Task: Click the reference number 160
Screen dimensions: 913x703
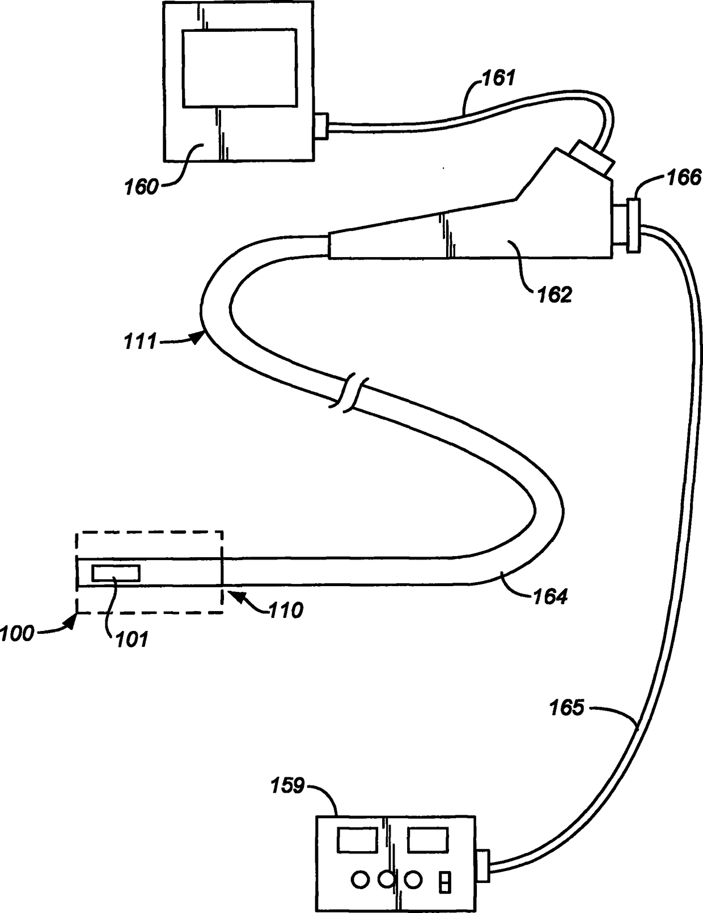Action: point(141,186)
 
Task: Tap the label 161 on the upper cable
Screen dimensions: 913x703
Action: point(498,77)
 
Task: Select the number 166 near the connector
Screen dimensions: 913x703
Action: point(684,178)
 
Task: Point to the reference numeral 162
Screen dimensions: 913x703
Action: point(554,294)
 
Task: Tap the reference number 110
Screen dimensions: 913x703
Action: point(286,610)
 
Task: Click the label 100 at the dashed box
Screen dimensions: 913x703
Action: point(17,633)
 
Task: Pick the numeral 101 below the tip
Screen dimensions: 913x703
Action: point(132,639)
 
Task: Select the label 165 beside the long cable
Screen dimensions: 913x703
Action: point(566,708)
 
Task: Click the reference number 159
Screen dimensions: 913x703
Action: point(287,786)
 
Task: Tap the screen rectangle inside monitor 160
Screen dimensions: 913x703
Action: point(239,68)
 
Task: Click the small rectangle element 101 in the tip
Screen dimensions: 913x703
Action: point(116,573)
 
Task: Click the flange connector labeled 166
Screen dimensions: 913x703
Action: point(633,224)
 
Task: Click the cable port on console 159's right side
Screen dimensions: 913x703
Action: point(482,865)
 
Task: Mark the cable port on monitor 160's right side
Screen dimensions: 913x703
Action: point(321,127)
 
